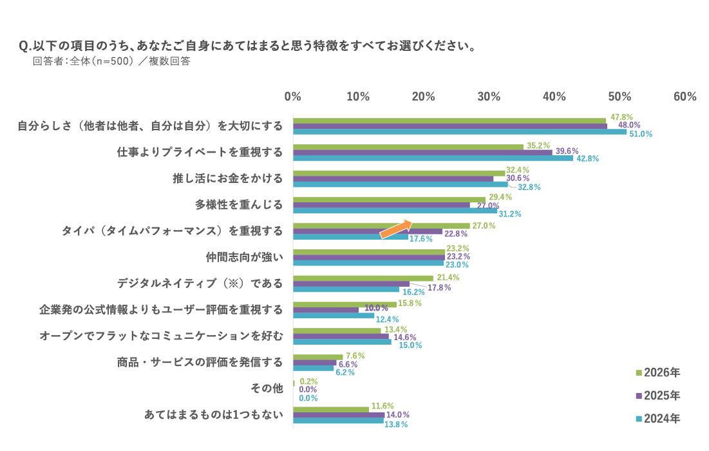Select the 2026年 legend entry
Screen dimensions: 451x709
pos(657,372)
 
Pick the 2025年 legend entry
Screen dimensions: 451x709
pos(657,395)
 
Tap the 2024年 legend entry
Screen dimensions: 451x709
pos(657,418)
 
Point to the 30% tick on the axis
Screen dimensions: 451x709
pos(489,97)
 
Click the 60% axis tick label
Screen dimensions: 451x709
pos(685,97)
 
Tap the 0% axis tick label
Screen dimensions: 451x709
pos(293,97)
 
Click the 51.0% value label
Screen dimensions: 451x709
pos(640,134)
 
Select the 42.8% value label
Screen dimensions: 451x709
pos(587,158)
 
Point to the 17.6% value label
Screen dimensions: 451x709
pos(422,238)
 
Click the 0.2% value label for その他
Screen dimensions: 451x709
pos(308,381)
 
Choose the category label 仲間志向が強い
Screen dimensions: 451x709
pos(244,257)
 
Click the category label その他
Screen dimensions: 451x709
pos(267,388)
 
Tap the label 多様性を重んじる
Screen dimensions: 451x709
pos(239,205)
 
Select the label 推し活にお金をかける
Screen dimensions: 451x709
pos(227,178)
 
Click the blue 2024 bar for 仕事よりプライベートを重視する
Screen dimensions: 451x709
pos(433,158)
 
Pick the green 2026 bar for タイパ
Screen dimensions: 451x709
pos(381,225)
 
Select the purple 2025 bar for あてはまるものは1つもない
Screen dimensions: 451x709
pos(339,415)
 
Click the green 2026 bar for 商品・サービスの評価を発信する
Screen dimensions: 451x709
pos(318,356)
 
